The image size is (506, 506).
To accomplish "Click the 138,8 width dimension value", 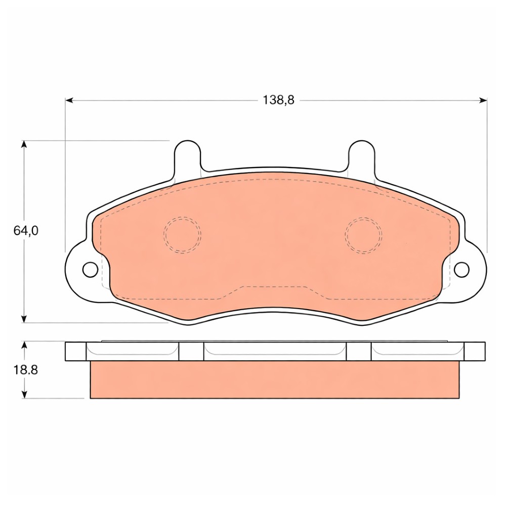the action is (x=278, y=100).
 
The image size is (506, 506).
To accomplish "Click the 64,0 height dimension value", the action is (x=26, y=230).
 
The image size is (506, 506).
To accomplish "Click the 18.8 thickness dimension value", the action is (x=25, y=369).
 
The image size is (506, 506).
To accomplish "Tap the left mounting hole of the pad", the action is (x=91, y=269).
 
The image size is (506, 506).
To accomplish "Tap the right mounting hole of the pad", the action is (x=461, y=270).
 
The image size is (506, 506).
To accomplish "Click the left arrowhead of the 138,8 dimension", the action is (x=69, y=100).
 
